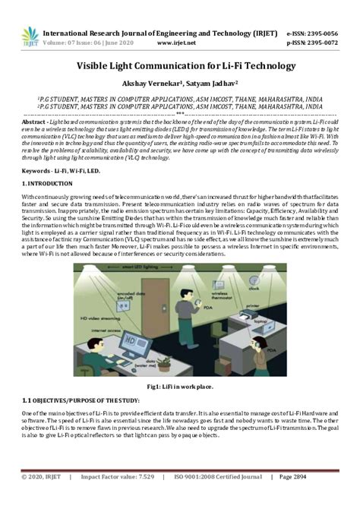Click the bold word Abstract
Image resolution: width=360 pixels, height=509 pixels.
click(x=35, y=122)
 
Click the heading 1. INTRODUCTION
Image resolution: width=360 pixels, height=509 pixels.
click(x=49, y=185)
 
